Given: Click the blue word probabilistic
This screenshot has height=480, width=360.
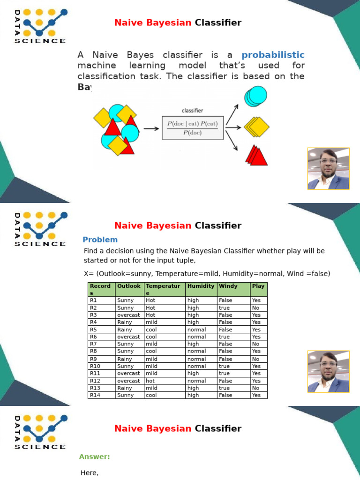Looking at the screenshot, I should coord(273,55).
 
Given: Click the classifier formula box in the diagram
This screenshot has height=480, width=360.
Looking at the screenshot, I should coord(193,127).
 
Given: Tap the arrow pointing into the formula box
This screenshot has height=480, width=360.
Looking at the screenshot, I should coord(151,128).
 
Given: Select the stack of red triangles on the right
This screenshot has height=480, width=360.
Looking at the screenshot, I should coord(256,155).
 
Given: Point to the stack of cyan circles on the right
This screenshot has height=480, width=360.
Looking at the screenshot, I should coord(255,96).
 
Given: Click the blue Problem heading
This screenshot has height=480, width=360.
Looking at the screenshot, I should coord(100,240).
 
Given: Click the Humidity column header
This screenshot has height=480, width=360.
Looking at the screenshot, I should coord(201,286).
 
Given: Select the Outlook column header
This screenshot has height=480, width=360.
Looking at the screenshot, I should coord(129,286).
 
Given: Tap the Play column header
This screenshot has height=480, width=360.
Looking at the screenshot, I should coord(258,286).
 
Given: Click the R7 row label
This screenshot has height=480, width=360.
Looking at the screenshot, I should coord(93,344).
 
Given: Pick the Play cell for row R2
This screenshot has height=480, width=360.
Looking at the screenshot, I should coord(256,308).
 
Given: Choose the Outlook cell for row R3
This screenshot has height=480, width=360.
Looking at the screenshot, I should coord(129,315).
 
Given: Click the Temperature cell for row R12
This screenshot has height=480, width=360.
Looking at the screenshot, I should coord(150,381).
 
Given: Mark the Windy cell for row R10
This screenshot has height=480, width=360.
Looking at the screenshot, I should coord(225,366).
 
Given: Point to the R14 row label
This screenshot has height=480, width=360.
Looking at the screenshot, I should coord(95,395).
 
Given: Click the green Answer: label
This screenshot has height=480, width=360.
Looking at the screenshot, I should coord(95,457).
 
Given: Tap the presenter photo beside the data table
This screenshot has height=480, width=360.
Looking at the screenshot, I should coord(328,371).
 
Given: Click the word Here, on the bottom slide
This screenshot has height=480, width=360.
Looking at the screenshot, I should coord(90,473).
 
